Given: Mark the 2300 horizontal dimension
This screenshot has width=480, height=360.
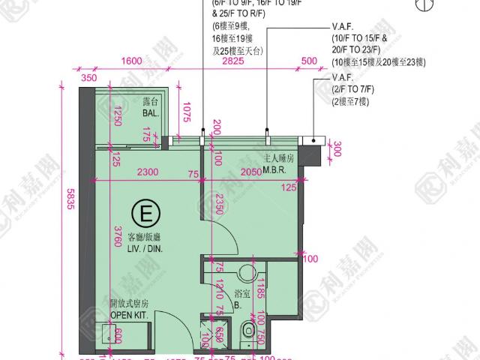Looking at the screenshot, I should click(148, 172).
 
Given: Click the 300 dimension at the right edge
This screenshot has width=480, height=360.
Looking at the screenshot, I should click(336, 149).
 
